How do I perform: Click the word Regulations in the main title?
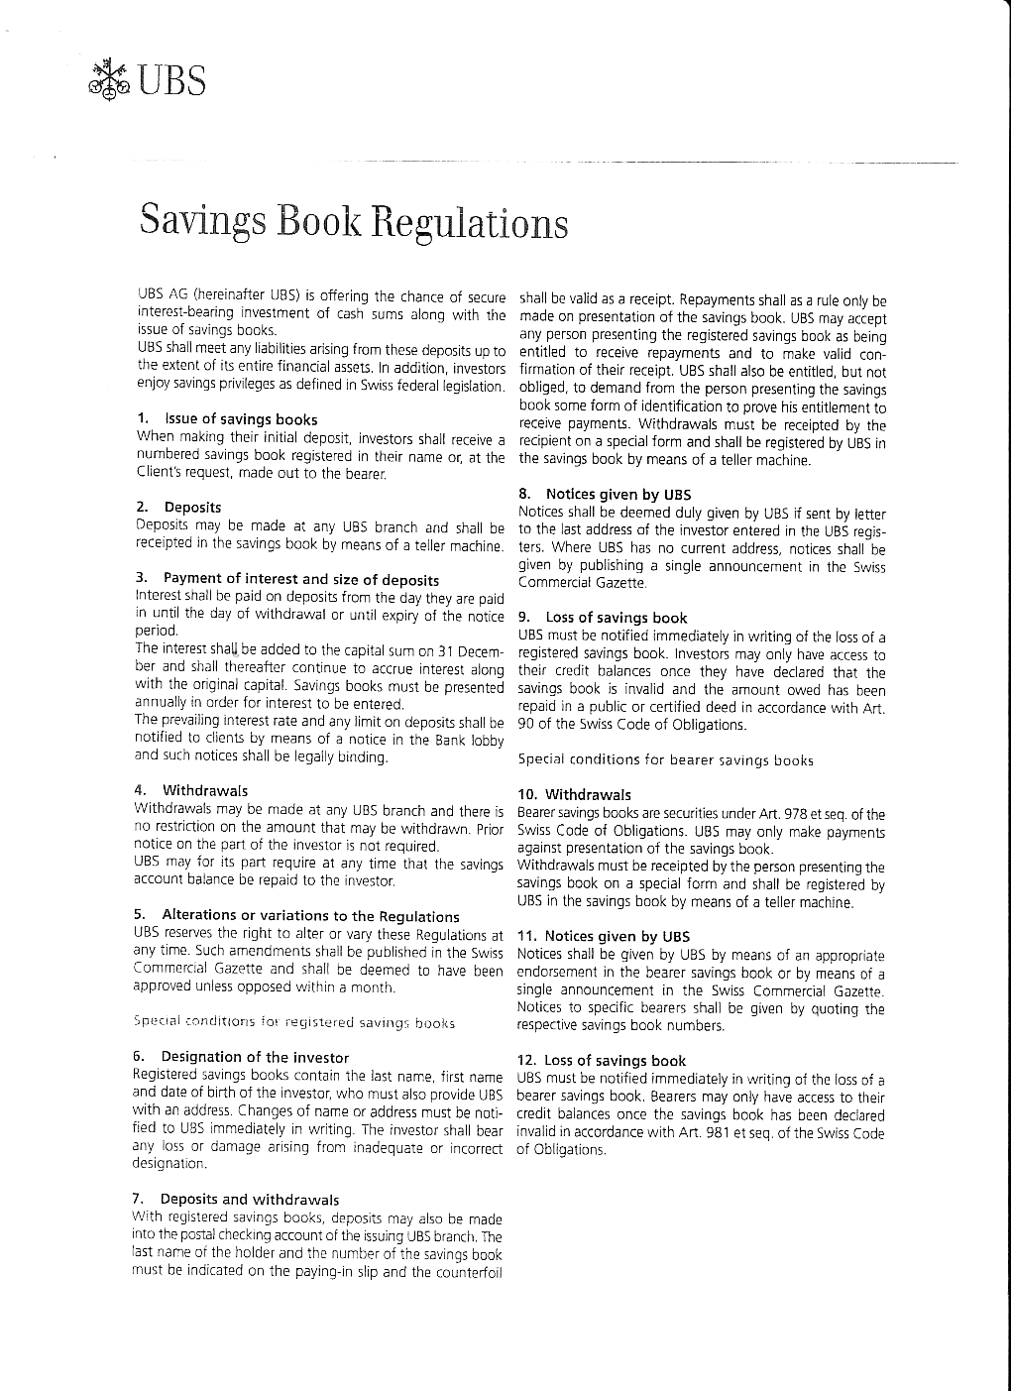[470, 223]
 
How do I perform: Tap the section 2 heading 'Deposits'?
[192, 508]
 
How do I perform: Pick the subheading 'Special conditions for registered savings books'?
[293, 1022]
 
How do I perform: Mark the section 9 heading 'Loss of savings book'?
[616, 618]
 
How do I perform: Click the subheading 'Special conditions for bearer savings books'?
[665, 760]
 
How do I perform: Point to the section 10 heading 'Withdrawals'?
[588, 795]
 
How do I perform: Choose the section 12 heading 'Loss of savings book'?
[615, 1061]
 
